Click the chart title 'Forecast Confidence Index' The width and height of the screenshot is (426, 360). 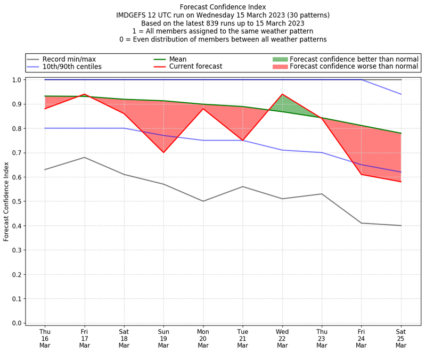point(223,7)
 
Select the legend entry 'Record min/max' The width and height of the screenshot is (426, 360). point(69,59)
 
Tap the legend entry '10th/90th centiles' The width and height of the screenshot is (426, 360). point(72,67)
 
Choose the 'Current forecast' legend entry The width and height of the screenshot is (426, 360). point(195,67)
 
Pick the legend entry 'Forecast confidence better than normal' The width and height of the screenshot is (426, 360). point(354,59)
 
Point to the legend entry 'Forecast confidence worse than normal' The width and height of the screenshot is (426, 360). point(354,67)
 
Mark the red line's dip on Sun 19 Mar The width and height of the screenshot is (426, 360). point(163,152)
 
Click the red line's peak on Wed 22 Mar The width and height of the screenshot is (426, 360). point(282,94)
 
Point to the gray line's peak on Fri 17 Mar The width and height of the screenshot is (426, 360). point(84,157)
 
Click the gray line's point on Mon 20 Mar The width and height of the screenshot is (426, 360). point(203,201)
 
